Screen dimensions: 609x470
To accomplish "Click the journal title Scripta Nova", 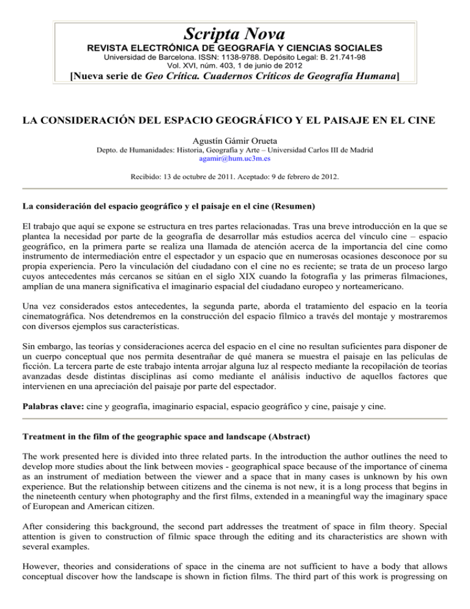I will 236,31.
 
